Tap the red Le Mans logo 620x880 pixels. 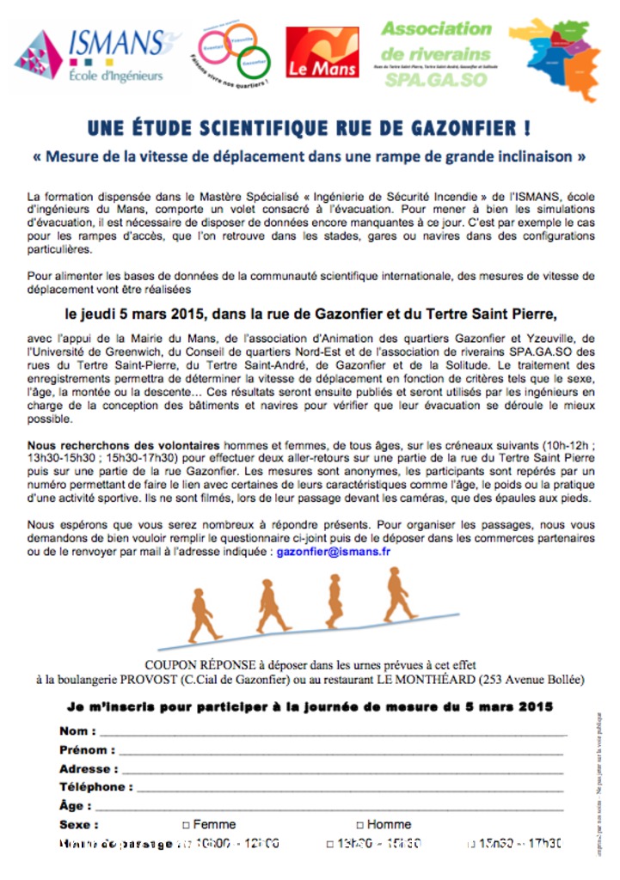click(x=322, y=52)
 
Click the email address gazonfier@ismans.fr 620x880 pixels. click(x=334, y=552)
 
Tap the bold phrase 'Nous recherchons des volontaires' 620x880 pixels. click(x=124, y=445)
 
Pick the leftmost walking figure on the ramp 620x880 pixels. click(x=202, y=615)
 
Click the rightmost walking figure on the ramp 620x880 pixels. click(x=397, y=594)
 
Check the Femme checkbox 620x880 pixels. click(x=186, y=824)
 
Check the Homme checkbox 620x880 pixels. click(x=359, y=824)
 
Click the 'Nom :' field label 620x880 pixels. click(x=77, y=731)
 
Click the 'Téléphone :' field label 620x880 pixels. click(x=95, y=787)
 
